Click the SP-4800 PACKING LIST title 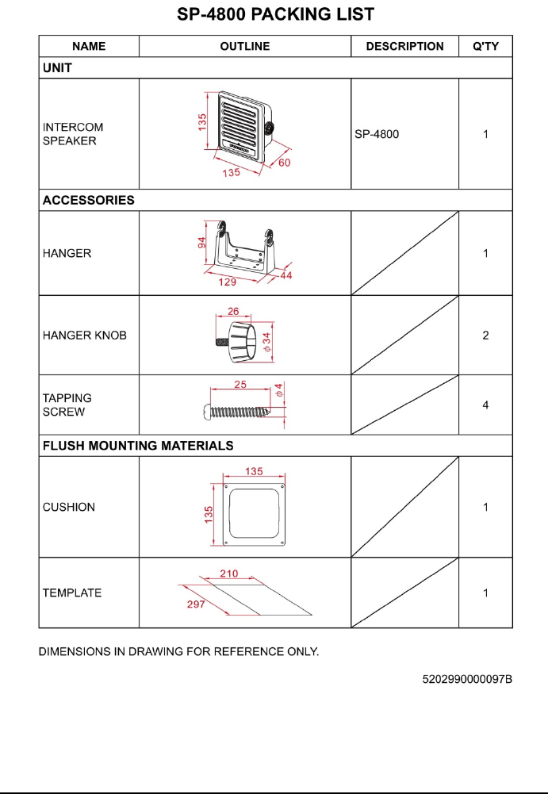274,14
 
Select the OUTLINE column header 244,46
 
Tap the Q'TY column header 485,46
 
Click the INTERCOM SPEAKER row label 72,134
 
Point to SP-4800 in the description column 377,134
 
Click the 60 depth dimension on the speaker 284,163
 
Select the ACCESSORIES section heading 88,200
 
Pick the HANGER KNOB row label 84,336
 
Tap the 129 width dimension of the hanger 228,282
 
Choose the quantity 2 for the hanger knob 485,336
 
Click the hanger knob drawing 242,343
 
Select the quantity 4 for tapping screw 485,405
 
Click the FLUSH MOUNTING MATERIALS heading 137,446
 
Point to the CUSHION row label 68,507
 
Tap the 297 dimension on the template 196,604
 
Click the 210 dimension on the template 228,573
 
